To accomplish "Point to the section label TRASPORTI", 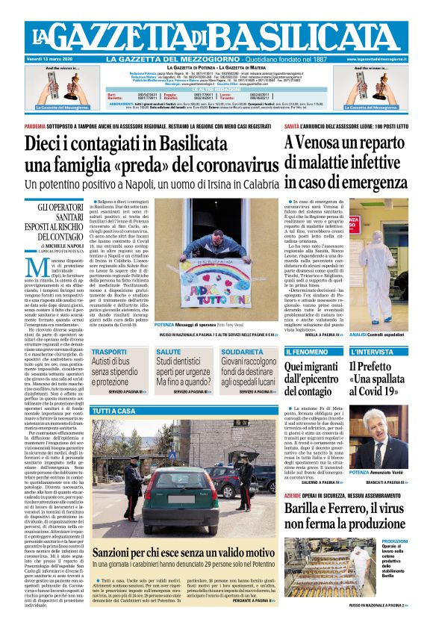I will [x=110, y=351].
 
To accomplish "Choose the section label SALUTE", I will [x=169, y=351].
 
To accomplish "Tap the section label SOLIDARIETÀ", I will [x=242, y=351].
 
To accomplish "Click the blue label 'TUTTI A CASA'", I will [x=114, y=411].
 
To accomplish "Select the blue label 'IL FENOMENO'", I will [x=306, y=350].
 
